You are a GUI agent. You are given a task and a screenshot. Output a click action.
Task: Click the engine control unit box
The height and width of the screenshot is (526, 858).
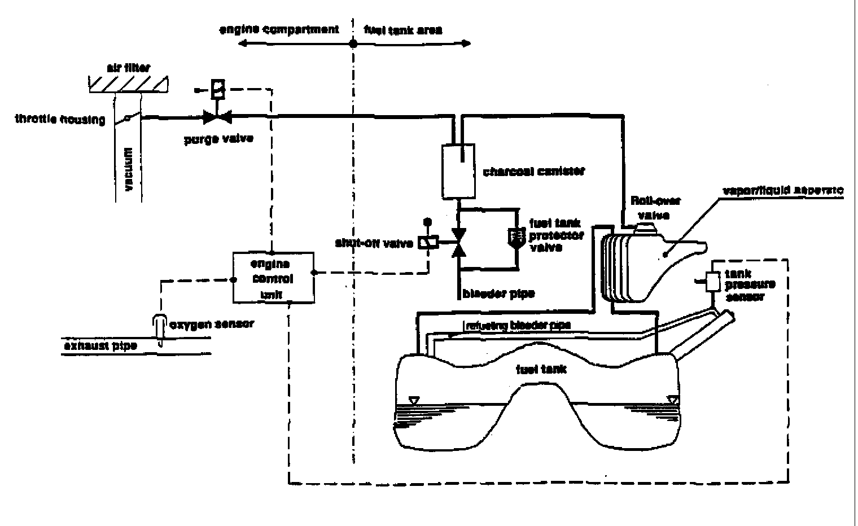(274, 277)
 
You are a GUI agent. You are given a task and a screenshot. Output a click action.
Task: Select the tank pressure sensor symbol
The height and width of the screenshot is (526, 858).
(712, 281)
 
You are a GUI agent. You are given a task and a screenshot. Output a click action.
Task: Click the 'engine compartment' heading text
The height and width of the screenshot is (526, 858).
(279, 29)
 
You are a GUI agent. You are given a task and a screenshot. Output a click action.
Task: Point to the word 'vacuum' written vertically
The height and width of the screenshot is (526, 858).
(129, 169)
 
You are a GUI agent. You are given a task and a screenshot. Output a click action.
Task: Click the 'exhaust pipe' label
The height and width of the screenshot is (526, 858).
(99, 345)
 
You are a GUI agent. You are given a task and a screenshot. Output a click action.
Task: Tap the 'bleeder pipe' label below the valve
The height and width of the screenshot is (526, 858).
(498, 294)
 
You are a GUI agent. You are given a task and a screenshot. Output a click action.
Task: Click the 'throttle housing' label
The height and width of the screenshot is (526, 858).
(60, 120)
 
